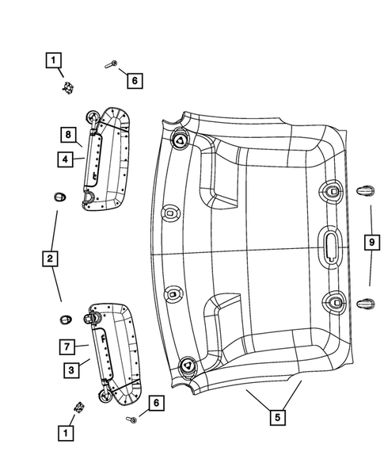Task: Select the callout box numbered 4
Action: point(69,159)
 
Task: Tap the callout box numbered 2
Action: point(50,258)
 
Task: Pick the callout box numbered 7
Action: point(69,346)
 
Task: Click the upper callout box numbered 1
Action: point(51,59)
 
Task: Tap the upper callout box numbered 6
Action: point(134,80)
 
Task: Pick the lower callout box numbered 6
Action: point(156,404)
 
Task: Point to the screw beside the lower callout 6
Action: point(131,419)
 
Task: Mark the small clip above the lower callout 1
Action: point(79,407)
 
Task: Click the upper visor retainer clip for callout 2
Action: point(57,196)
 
